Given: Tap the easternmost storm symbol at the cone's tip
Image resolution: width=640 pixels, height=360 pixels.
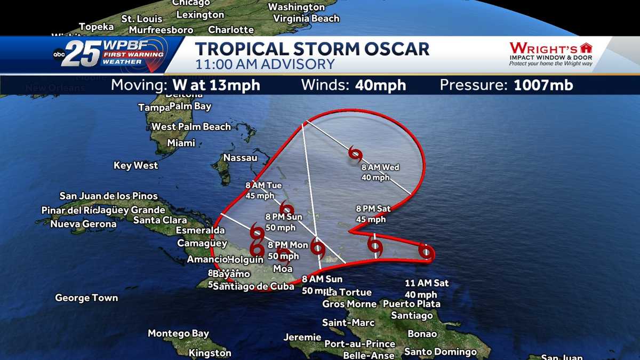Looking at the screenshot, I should point(426,251).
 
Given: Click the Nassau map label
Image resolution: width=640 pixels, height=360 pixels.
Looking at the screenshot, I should point(240,158).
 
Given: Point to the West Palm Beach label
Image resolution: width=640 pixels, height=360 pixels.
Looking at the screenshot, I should point(191,127).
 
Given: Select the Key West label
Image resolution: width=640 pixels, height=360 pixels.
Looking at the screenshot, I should point(135,166).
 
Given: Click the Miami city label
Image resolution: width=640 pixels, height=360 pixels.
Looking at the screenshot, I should point(181,143).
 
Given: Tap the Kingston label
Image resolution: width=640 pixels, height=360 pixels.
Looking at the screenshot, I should point(210,353).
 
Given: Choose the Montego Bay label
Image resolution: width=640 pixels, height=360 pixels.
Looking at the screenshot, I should point(178,334).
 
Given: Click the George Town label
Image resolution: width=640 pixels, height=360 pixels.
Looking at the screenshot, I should point(86,298).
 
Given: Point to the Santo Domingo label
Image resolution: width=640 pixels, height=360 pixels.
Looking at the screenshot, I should point(440,352).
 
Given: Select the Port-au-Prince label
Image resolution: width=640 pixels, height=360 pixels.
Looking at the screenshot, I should point(359,344).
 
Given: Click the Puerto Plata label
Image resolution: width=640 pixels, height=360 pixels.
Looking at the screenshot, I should point(412,304).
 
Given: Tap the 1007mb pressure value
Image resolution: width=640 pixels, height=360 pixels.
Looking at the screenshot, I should point(543,85).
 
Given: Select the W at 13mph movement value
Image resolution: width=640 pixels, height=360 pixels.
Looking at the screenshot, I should point(216,85).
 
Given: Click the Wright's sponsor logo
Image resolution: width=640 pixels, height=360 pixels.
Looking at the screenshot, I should point(550,53).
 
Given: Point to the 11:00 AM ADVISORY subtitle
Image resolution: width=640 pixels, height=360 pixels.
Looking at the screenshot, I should point(265,65).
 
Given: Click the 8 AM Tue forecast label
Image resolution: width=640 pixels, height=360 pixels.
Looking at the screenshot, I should point(263,186).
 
